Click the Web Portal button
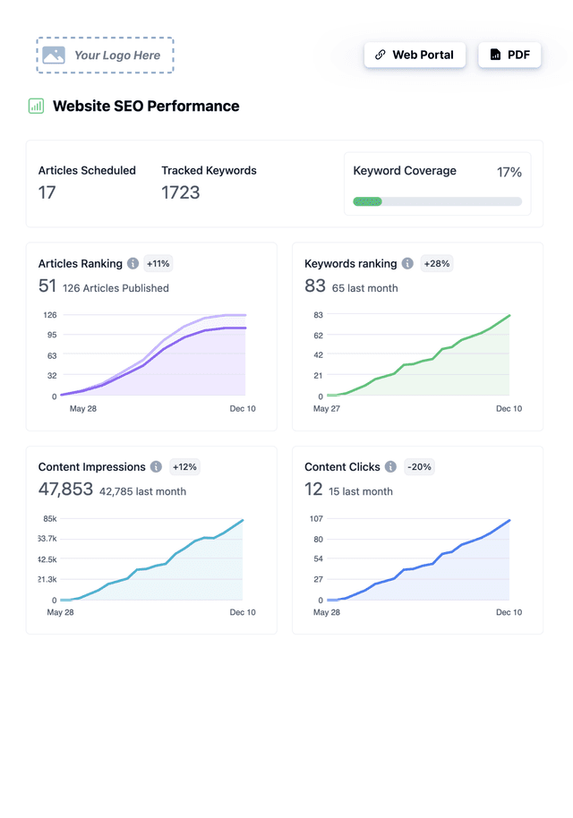click(415, 55)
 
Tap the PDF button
click(509, 55)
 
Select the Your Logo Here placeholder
click(105, 55)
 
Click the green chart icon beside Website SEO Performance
click(36, 106)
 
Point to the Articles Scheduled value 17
click(47, 192)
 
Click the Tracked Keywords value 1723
click(180, 192)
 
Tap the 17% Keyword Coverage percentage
click(509, 172)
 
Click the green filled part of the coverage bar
click(367, 201)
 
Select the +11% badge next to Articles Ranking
click(158, 263)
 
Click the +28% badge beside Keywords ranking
click(436, 263)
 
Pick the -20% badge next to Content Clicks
click(419, 466)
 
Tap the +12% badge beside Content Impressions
click(184, 466)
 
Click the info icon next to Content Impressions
click(156, 466)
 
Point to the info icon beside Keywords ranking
click(407, 263)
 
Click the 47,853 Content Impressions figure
click(65, 489)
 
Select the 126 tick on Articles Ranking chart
click(50, 315)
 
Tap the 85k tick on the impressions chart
click(50, 518)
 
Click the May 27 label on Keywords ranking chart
click(326, 409)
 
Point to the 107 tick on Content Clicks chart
click(315, 518)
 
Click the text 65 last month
click(364, 288)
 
